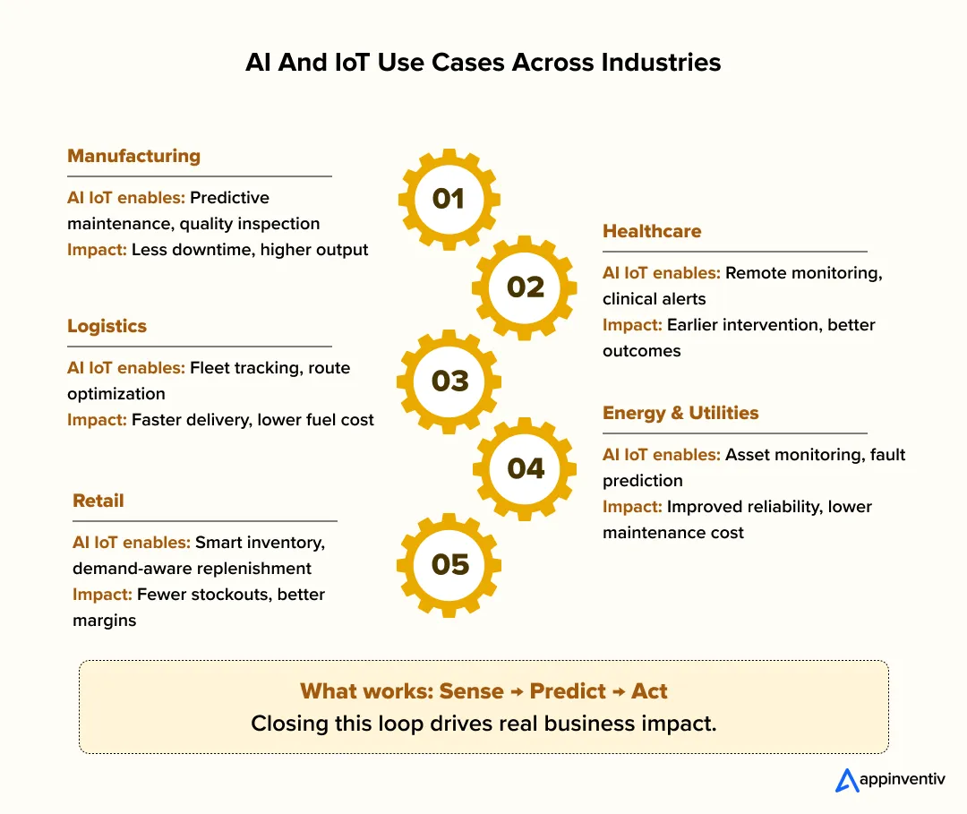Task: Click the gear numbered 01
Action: [449, 199]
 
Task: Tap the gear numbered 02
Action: [526, 287]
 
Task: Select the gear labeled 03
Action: [449, 381]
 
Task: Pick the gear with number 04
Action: [526, 468]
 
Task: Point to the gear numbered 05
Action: [449, 564]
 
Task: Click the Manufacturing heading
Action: [133, 156]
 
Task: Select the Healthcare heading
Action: [652, 231]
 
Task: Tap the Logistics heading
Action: [107, 326]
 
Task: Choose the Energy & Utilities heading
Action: [680, 413]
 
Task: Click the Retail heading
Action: [98, 501]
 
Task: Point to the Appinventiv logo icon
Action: [846, 780]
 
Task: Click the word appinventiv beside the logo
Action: [901, 781]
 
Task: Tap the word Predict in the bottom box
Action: [569, 691]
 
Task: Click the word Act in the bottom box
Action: [649, 691]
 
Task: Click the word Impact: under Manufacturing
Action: [97, 250]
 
